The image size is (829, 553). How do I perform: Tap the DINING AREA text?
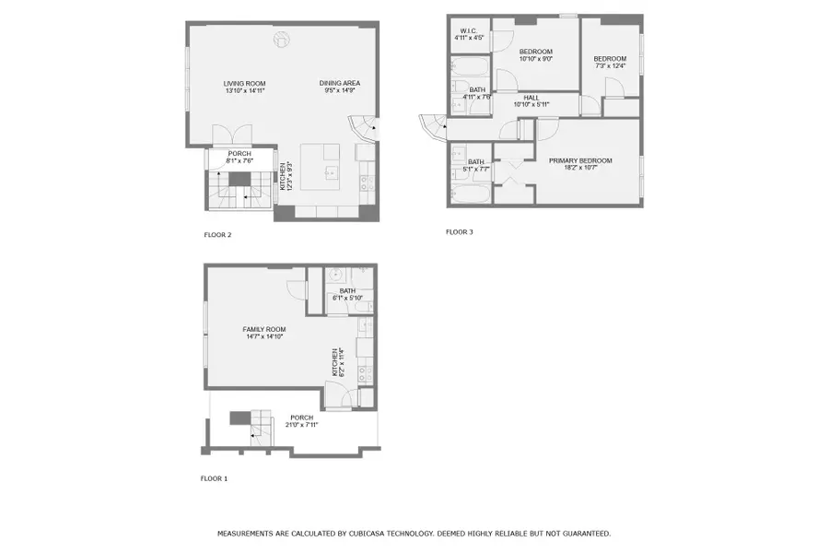tap(339, 83)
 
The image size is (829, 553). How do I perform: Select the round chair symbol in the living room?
tap(283, 39)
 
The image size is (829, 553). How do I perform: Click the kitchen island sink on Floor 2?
tap(330, 171)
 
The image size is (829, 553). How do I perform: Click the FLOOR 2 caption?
tap(217, 235)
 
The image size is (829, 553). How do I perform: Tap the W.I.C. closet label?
tap(468, 31)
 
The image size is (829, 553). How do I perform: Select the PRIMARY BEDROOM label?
tap(580, 160)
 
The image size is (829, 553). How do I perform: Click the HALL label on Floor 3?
tap(531, 97)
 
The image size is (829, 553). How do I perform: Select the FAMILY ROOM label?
tap(264, 329)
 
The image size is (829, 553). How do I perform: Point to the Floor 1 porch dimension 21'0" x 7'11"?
tap(302, 425)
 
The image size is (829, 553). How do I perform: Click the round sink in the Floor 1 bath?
tap(337, 275)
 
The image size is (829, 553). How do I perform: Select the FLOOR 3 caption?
tap(459, 232)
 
